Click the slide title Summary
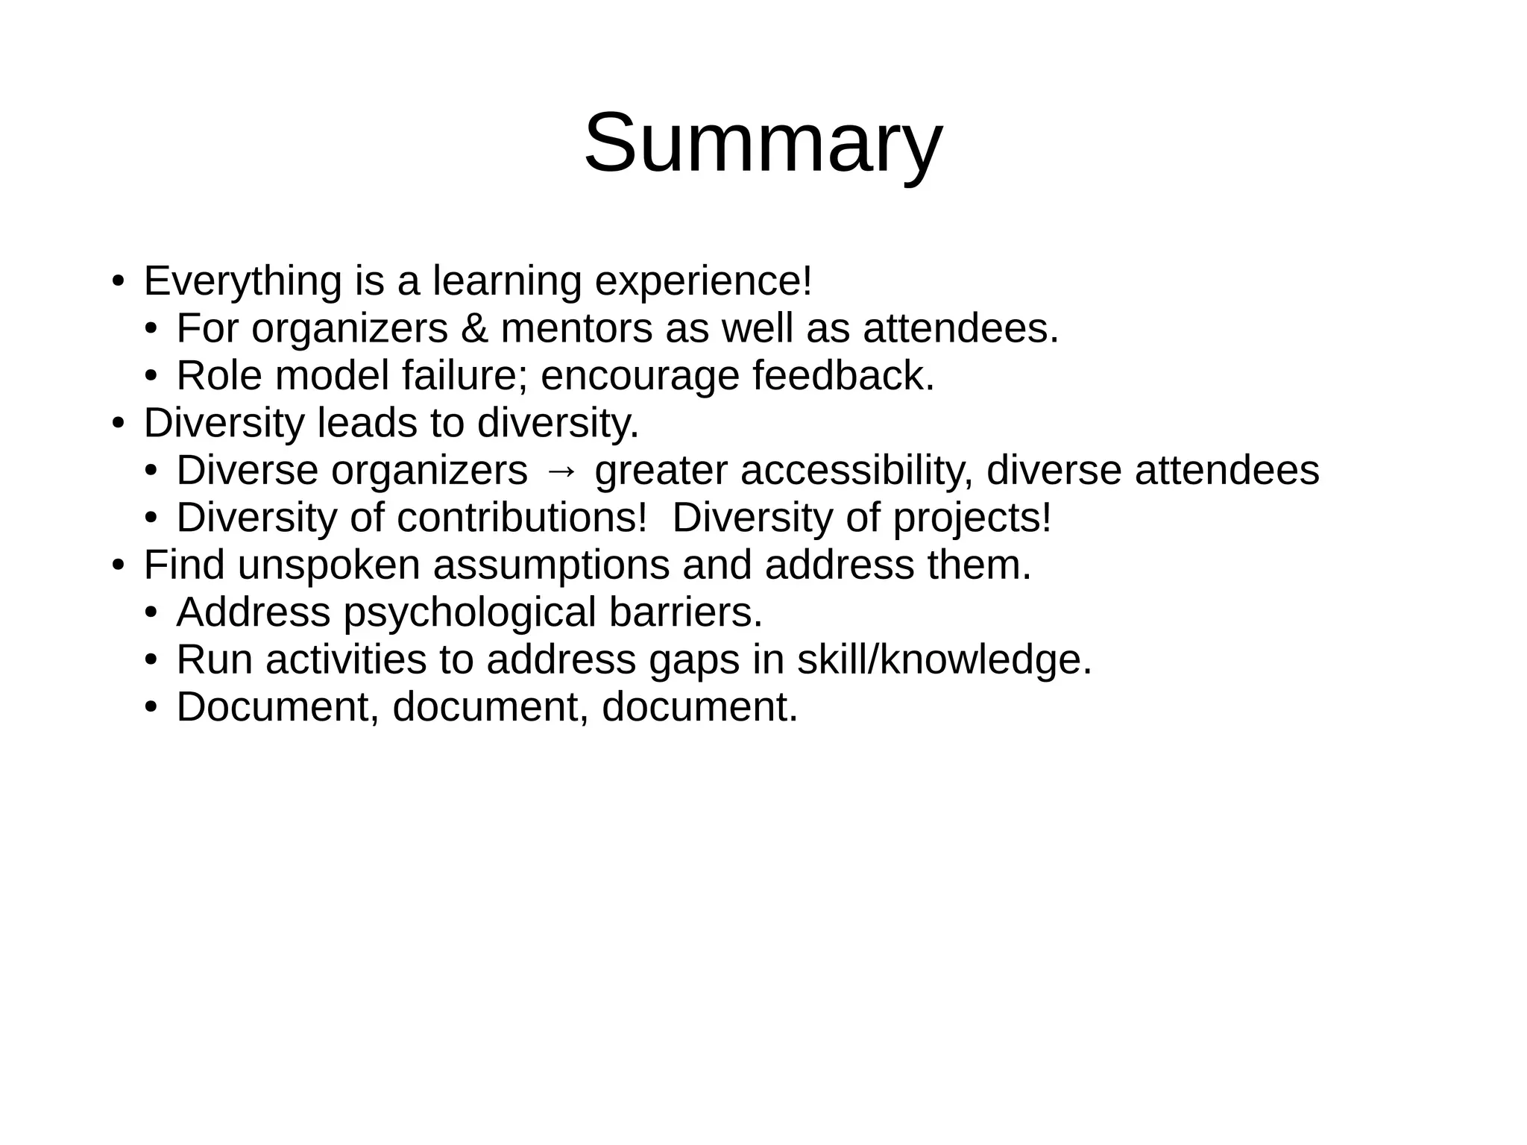tap(763, 143)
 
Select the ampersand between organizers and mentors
tap(474, 329)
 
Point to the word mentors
tap(576, 329)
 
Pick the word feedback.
tap(843, 376)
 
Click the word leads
tap(367, 423)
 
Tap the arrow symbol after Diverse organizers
tap(561, 471)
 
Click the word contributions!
tap(521, 518)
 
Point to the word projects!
tap(972, 518)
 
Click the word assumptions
tap(551, 565)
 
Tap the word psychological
tap(470, 612)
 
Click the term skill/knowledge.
tap(944, 659)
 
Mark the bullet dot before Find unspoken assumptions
tap(117, 566)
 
